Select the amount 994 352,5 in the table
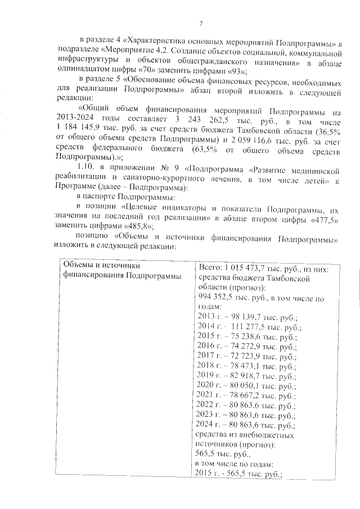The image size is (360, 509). [219, 297]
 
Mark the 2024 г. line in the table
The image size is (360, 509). [243, 425]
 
